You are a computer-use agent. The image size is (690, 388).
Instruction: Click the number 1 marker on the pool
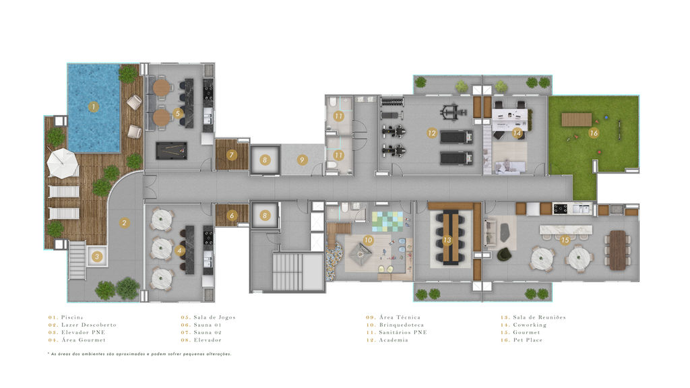point(93,106)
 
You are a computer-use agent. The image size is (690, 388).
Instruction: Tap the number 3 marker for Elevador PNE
point(97,257)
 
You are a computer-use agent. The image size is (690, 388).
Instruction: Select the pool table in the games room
point(171,150)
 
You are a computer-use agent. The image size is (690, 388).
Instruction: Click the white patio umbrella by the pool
point(62,163)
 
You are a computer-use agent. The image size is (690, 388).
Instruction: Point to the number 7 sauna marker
point(232,155)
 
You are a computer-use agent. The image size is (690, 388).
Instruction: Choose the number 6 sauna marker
point(232,216)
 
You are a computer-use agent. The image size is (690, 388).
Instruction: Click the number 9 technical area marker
point(302,160)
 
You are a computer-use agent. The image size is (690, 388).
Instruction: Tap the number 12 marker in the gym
point(431,133)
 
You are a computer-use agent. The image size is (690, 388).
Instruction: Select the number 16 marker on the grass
point(594,133)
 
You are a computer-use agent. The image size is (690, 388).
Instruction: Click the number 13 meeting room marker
point(447,240)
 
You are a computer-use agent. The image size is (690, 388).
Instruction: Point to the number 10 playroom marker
point(368,240)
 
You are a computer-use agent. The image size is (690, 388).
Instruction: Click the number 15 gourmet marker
point(565,240)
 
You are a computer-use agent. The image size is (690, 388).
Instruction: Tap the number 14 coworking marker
point(517,133)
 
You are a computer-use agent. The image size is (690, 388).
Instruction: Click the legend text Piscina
point(71,317)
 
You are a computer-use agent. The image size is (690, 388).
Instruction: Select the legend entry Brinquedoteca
point(402,325)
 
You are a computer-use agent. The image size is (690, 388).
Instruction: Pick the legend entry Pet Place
point(528,340)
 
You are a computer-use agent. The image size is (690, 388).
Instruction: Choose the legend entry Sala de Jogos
point(214,317)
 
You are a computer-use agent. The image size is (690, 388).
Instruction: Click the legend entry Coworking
point(530,325)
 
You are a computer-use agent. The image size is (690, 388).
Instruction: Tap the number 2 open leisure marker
point(124,223)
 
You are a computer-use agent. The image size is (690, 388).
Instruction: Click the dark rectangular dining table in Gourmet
point(618,250)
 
